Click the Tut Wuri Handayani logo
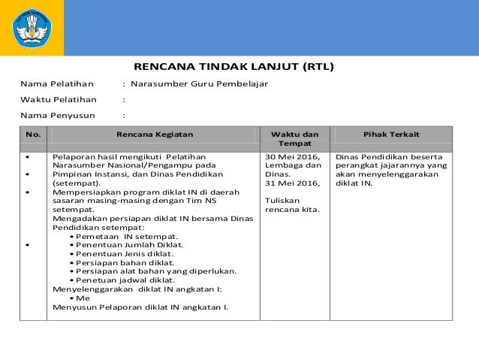pyautogui.click(x=31, y=28)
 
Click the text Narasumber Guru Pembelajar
pyautogui.click(x=200, y=83)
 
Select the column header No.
pyautogui.click(x=33, y=135)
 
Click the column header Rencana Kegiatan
pyautogui.click(x=155, y=135)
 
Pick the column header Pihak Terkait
pyautogui.click(x=391, y=135)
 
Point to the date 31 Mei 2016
pyautogui.click(x=290, y=183)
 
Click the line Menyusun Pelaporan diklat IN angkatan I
pyautogui.click(x=140, y=307)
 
